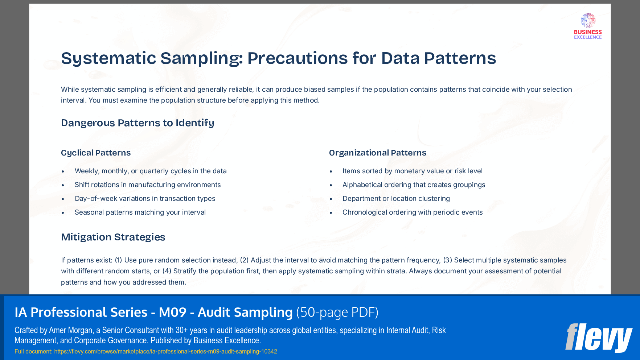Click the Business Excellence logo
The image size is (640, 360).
pyautogui.click(x=588, y=26)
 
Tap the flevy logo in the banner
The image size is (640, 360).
pyautogui.click(x=599, y=338)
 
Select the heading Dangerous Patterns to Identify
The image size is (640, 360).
pyautogui.click(x=138, y=123)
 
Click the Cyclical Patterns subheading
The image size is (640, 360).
pyautogui.click(x=96, y=153)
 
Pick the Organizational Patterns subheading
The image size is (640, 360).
pyautogui.click(x=377, y=153)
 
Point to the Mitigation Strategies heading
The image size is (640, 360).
pyautogui.click(x=113, y=237)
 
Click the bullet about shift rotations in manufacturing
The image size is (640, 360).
pyautogui.click(x=148, y=185)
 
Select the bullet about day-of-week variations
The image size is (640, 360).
pyautogui.click(x=145, y=199)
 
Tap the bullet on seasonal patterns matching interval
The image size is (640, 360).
pyautogui.click(x=140, y=212)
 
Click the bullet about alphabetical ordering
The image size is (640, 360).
pyautogui.click(x=414, y=185)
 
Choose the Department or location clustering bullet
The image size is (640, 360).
pyautogui.click(x=396, y=199)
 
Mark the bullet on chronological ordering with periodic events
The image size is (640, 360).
pyautogui.click(x=412, y=212)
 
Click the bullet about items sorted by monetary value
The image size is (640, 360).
pyautogui.click(x=412, y=171)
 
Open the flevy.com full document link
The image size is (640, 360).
pyautogui.click(x=165, y=351)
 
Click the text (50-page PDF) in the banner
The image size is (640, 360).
pyautogui.click(x=337, y=313)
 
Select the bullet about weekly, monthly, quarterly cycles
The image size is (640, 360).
pyautogui.click(x=150, y=171)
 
